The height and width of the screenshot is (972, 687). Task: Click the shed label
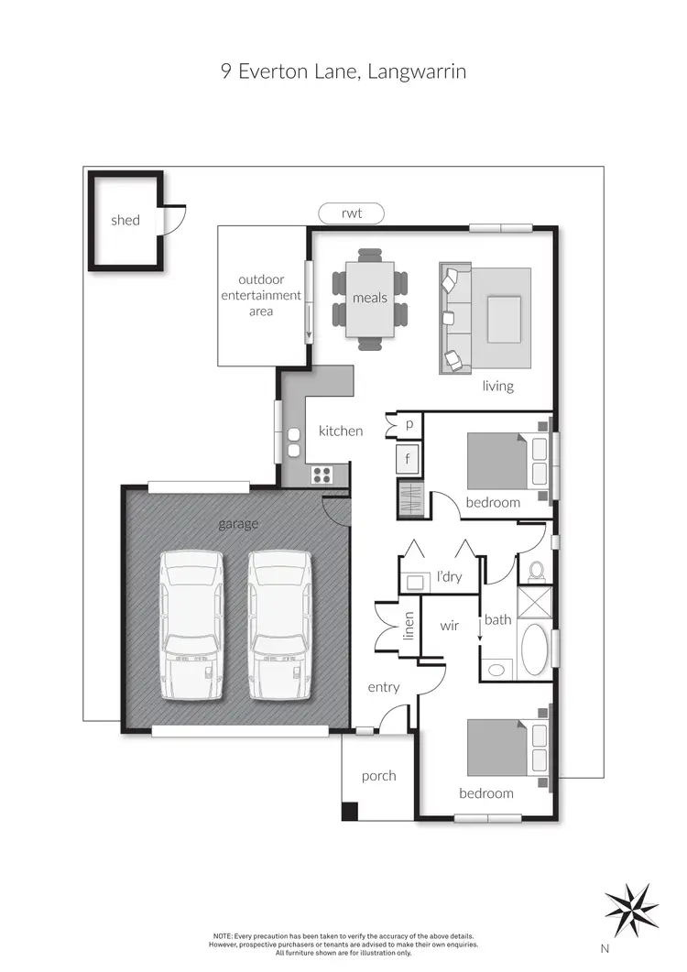125,220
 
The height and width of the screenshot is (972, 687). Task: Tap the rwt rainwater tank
352,213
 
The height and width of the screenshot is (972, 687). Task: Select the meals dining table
370,298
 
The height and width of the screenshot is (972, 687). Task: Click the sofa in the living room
452,318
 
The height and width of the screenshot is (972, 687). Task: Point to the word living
498,386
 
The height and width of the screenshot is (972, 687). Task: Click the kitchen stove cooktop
323,474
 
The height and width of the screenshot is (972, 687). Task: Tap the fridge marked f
409,458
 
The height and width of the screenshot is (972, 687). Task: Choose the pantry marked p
409,426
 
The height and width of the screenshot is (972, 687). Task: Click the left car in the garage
191,626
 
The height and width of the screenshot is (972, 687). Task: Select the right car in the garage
279,626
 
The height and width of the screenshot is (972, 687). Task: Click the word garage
238,524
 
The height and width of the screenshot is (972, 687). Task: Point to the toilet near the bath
537,571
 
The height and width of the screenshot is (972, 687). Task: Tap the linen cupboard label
409,625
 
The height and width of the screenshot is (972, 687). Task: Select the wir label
450,626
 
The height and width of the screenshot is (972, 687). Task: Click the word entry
384,687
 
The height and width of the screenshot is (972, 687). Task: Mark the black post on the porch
349,811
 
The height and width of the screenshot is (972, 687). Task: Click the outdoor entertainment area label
261,295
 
